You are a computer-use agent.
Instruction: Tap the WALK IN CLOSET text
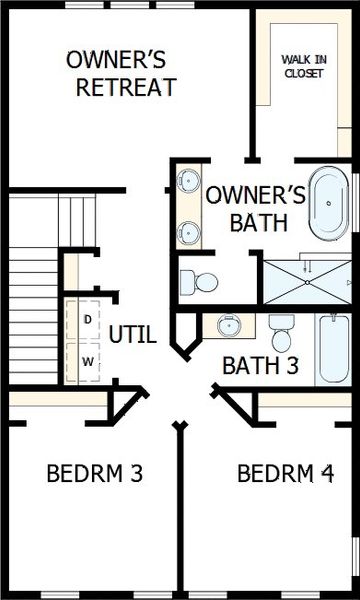point(302,66)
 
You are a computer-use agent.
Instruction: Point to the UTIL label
point(132,335)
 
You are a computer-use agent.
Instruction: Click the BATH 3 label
point(259,365)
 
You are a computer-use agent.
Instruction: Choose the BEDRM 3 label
point(94,473)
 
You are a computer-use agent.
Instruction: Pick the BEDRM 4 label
point(285,473)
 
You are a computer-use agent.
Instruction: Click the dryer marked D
point(88,319)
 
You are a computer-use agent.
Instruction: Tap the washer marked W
point(88,361)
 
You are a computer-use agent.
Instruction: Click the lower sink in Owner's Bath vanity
point(186,234)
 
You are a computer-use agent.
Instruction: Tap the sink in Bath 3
point(229,326)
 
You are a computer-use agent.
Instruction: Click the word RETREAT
point(127,87)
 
